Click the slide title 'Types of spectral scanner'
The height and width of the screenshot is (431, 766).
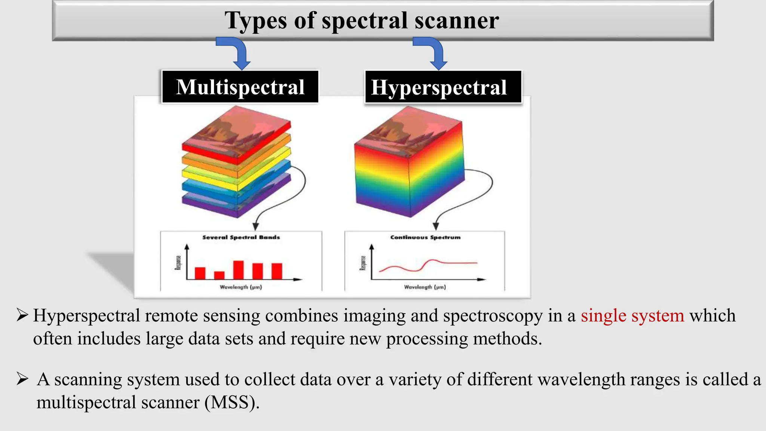coord(361,21)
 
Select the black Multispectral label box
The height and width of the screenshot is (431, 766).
coord(240,87)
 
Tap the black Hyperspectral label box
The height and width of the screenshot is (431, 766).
coord(443,87)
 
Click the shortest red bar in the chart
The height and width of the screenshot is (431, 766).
coord(219,275)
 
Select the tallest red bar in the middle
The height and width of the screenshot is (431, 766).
coord(238,270)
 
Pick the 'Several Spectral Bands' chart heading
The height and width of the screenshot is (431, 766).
coord(241,237)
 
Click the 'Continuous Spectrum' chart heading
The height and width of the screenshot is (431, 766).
coord(425,237)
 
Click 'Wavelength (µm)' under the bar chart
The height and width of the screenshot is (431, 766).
coord(241,287)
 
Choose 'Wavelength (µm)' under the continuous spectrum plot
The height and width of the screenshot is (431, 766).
coord(425,287)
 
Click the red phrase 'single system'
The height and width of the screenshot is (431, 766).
coord(632,315)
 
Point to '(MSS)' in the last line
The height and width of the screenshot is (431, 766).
coord(232,403)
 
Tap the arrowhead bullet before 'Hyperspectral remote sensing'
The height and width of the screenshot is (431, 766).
coord(22,315)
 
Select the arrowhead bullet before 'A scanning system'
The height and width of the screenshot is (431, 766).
coord(22,379)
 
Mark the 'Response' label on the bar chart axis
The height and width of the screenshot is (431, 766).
coord(178,263)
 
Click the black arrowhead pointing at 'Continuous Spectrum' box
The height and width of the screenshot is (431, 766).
coord(435,226)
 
